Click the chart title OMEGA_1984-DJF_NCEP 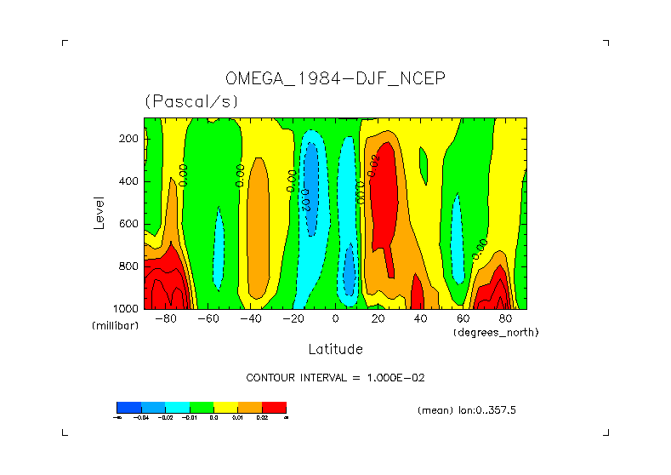tap(335, 78)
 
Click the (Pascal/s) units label tap(191, 101)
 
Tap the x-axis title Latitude tap(335, 349)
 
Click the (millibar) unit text tap(115, 326)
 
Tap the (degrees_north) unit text tap(496, 332)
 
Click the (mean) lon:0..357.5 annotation tap(467, 409)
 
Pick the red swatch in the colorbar tap(274, 407)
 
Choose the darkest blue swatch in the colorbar tap(128, 407)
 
